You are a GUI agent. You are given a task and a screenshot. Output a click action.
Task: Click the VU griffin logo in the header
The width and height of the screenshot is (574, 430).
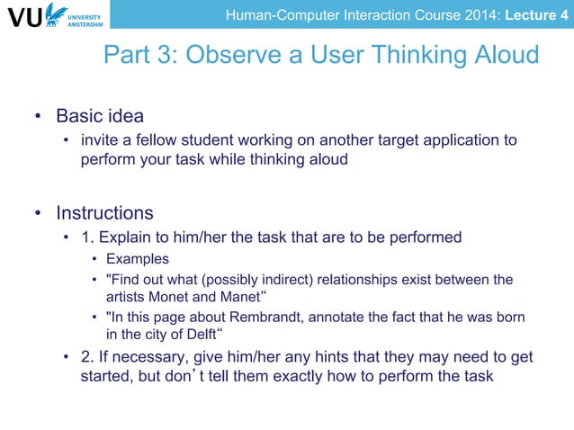coord(56,14)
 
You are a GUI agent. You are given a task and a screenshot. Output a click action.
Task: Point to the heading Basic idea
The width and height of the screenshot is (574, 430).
coord(100,117)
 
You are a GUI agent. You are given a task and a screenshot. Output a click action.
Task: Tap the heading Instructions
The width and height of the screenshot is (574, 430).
coord(104,214)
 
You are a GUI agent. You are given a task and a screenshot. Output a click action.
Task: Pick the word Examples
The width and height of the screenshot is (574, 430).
coord(138,259)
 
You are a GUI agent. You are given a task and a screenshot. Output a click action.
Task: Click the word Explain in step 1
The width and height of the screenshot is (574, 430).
coord(122,237)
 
